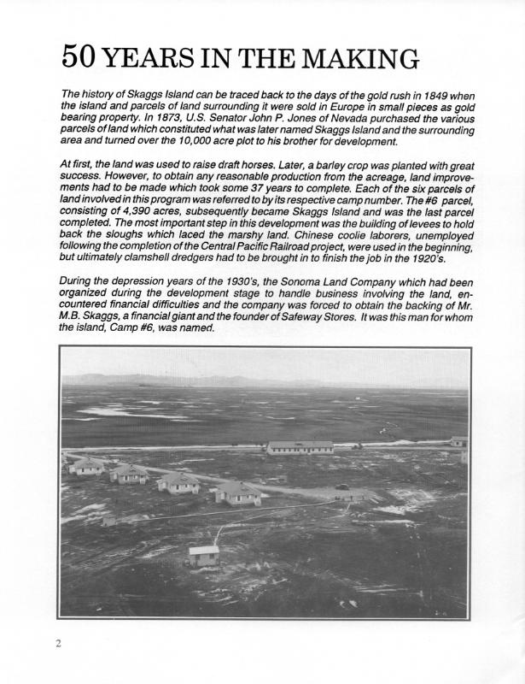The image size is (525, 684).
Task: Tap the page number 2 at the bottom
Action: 58,643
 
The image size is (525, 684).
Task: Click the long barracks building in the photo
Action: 300,447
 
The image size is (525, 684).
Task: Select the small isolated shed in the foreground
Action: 203,556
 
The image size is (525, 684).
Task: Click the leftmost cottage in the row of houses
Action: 86,466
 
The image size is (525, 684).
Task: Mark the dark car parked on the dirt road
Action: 342,486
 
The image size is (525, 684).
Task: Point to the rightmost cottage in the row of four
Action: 236,492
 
